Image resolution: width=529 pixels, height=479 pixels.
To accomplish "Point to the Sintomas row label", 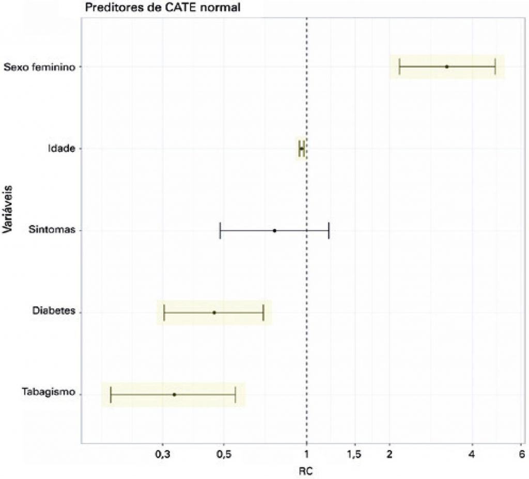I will click(53, 230).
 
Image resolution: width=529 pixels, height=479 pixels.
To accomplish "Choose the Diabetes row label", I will click(54, 311).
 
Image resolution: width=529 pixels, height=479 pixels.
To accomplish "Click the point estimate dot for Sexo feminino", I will click(447, 67).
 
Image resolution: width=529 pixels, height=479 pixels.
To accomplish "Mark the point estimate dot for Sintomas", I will click(274, 230).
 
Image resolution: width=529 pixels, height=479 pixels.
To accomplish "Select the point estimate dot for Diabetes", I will click(214, 312).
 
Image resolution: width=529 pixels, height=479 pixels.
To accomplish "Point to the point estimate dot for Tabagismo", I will click(174, 394).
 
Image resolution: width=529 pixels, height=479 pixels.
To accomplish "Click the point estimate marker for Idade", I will click(302, 149).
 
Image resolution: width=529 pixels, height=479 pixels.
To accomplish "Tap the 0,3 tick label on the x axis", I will click(163, 454).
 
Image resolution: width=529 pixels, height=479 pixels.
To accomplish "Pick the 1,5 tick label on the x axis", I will click(355, 454).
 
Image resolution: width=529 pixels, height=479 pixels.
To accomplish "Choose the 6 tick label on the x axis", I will click(521, 454).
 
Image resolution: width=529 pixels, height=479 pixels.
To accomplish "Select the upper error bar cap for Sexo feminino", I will click(495, 67).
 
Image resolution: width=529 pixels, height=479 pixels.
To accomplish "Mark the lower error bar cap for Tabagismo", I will click(111, 394).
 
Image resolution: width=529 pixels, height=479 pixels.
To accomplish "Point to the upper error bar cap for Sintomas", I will click(329, 230).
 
